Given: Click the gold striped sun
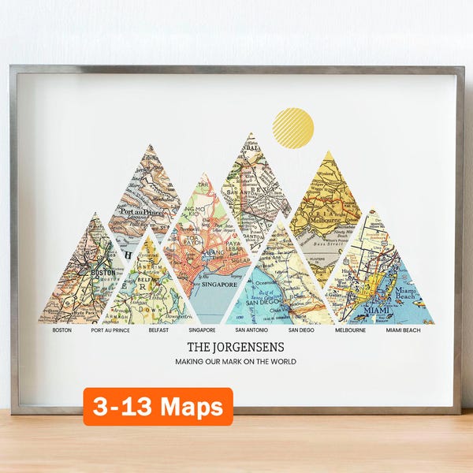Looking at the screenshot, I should click(x=292, y=128).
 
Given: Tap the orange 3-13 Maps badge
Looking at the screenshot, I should click(x=158, y=407).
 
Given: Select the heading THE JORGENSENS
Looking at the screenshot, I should click(x=236, y=346).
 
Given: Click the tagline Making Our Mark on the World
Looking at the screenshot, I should click(x=236, y=362).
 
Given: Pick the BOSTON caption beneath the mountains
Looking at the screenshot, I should click(x=61, y=330).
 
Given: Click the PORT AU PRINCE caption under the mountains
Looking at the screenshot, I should click(x=110, y=330).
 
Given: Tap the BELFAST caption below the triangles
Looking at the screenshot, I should click(x=158, y=330).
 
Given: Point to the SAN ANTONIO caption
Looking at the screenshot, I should click(x=251, y=330).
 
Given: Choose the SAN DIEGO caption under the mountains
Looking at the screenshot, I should click(x=300, y=330).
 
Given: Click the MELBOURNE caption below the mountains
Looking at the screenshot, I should click(x=350, y=330).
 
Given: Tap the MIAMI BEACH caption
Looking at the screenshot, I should click(x=403, y=330).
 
